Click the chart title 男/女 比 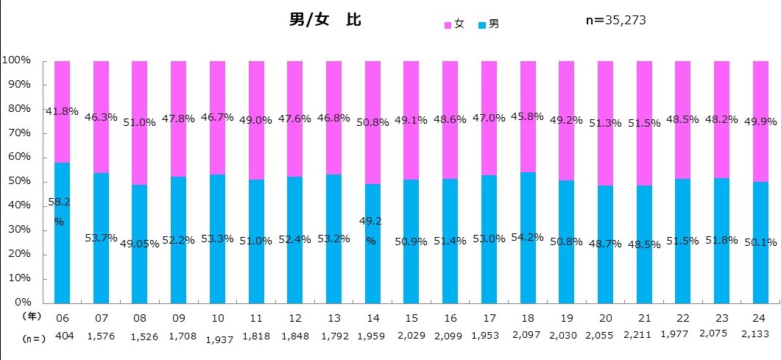[325, 20]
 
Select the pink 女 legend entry [453, 24]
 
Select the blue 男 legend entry [489, 24]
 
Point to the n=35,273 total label [615, 20]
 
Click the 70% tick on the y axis [15, 133]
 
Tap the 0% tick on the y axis [20, 303]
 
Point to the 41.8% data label [62, 112]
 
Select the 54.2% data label [528, 237]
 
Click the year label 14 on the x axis [372, 317]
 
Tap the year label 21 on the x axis [644, 317]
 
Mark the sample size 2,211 [644, 337]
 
